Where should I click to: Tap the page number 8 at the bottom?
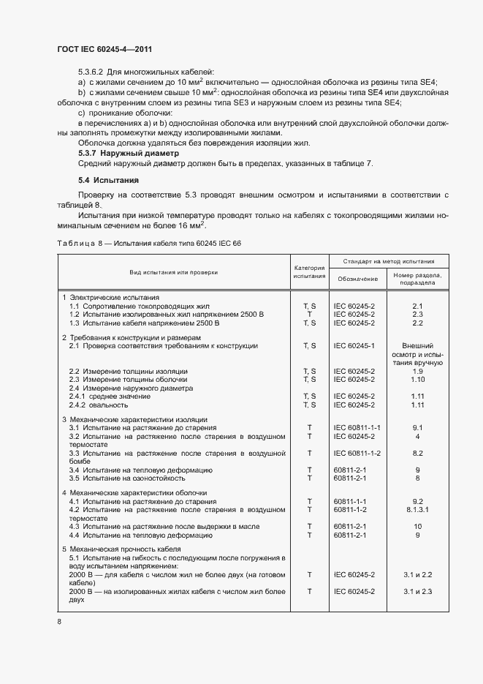(x=59, y=621)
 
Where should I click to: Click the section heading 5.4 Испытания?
(x=108, y=179)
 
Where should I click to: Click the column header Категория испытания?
(x=308, y=271)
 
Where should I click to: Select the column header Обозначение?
(x=357, y=279)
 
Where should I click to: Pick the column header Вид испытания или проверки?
(x=173, y=271)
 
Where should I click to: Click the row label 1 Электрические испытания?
(x=110, y=298)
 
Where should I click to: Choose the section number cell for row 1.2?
(x=417, y=314)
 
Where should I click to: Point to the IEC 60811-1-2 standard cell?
(x=357, y=454)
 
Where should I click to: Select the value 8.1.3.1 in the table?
(x=417, y=509)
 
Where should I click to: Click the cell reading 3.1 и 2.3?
(x=417, y=590)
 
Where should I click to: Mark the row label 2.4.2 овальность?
(x=104, y=405)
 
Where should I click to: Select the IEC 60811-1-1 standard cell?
(x=357, y=426)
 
